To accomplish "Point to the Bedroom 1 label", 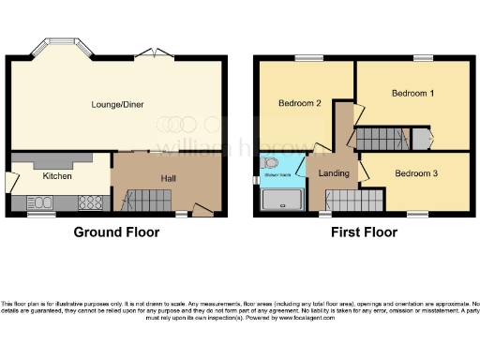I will pyautogui.click(x=412, y=94).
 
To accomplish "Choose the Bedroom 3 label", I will pyautogui.click(x=415, y=173).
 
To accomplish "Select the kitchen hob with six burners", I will pyautogui.click(x=91, y=201).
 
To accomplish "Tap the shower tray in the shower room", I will pyautogui.click(x=281, y=200).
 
